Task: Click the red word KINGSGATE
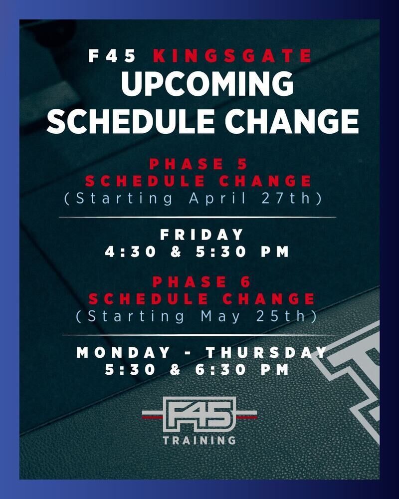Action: pyautogui.click(x=232, y=56)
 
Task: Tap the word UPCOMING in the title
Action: pyautogui.click(x=207, y=84)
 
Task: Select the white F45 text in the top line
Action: pyautogui.click(x=112, y=56)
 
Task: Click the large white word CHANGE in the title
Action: pyautogui.click(x=292, y=121)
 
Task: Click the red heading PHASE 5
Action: pyautogui.click(x=199, y=164)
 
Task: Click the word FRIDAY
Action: pyautogui.click(x=201, y=235)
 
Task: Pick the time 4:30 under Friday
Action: pyautogui.click(x=131, y=251)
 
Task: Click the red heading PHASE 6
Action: pyautogui.click(x=201, y=282)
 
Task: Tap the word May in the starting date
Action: pyautogui.click(x=220, y=317)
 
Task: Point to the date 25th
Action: pyautogui.click(x=281, y=316)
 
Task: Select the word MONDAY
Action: pyautogui.click(x=124, y=353)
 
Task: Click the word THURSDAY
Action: pyautogui.click(x=266, y=353)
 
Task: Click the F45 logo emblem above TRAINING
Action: pyautogui.click(x=199, y=414)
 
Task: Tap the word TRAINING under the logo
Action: pyautogui.click(x=199, y=440)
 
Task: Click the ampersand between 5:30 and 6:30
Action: pyautogui.click(x=176, y=370)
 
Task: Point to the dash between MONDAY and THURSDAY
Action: pyautogui.click(x=188, y=353)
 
